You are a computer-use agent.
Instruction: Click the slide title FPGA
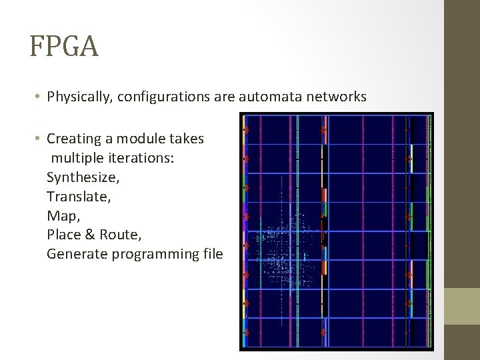pyautogui.click(x=64, y=47)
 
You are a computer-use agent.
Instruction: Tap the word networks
pyautogui.click(x=337, y=97)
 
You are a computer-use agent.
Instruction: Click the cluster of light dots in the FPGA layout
pyautogui.click(x=287, y=250)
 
